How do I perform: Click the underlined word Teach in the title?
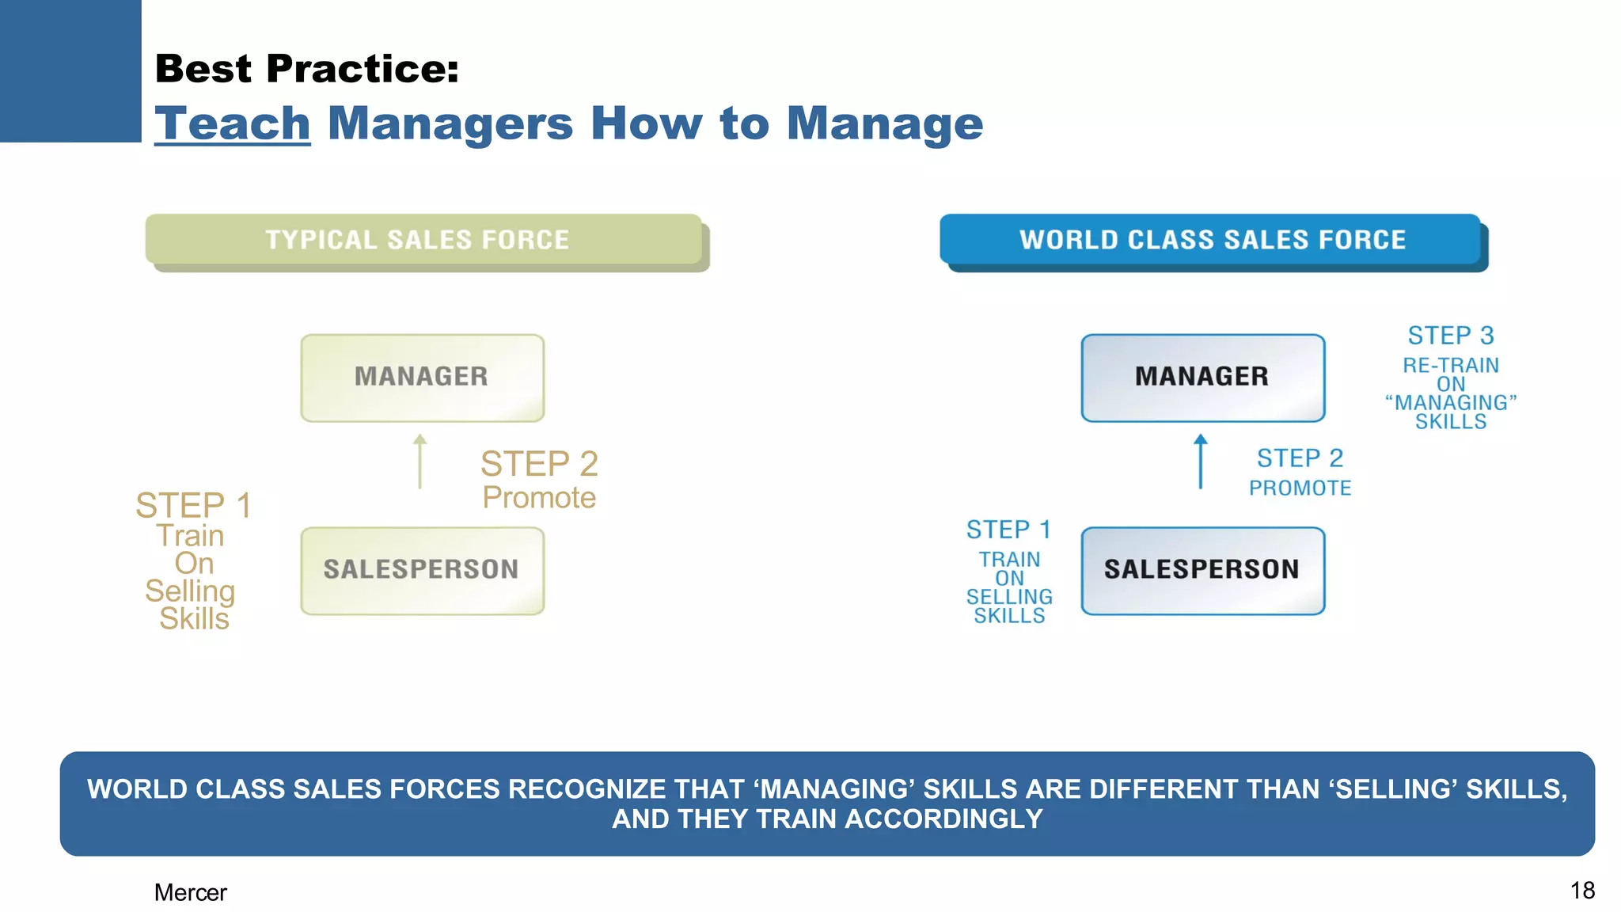click(x=232, y=123)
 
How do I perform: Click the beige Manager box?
click(x=422, y=378)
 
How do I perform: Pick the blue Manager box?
click(x=1202, y=378)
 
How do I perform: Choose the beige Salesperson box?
click(x=422, y=570)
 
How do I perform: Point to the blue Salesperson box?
click(x=1202, y=570)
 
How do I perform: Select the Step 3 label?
click(x=1451, y=336)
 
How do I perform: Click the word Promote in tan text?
click(x=539, y=498)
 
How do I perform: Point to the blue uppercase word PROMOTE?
click(x=1300, y=488)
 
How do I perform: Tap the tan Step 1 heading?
click(x=194, y=505)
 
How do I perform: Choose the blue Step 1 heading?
click(x=1009, y=530)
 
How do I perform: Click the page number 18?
click(x=1582, y=891)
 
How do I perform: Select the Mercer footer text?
click(x=190, y=892)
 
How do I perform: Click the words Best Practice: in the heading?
click(x=307, y=68)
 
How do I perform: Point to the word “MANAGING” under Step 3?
click(x=1451, y=403)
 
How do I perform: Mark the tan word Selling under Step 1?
click(x=190, y=591)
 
